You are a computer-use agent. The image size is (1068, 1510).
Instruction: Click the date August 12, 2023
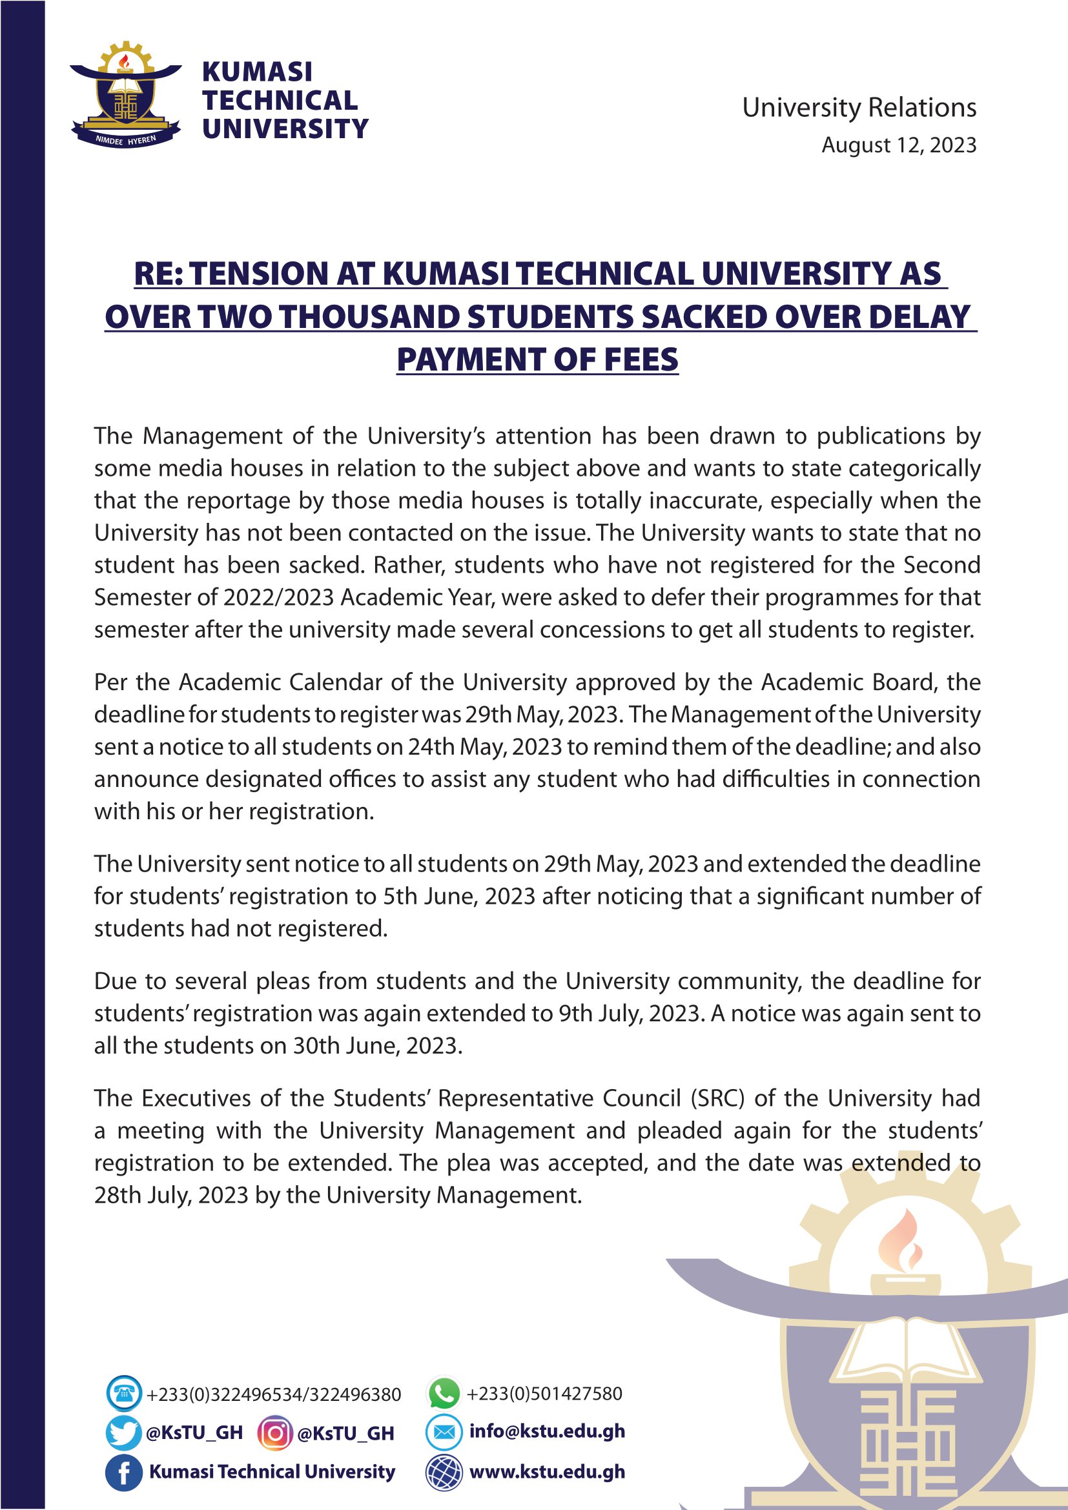point(898,145)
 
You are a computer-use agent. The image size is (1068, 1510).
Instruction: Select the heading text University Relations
point(859,108)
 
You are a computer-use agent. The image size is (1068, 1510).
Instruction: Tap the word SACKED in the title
point(704,317)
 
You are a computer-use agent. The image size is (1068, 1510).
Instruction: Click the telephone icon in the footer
point(123,1394)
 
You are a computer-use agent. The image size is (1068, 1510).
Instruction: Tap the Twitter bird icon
point(123,1433)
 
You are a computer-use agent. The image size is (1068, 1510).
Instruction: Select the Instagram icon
point(275,1433)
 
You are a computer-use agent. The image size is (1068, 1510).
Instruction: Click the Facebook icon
point(123,1473)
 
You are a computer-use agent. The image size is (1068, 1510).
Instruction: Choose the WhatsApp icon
point(444,1393)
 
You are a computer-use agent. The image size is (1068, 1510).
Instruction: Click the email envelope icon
point(444,1432)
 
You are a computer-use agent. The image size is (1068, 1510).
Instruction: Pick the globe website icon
point(444,1473)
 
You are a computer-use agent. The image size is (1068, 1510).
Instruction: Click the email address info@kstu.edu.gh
point(547,1432)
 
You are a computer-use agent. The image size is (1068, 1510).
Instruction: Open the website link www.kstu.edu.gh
point(547,1473)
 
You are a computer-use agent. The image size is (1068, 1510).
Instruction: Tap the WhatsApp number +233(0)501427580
point(544,1394)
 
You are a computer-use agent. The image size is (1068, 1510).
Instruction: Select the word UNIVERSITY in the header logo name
point(285,129)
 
